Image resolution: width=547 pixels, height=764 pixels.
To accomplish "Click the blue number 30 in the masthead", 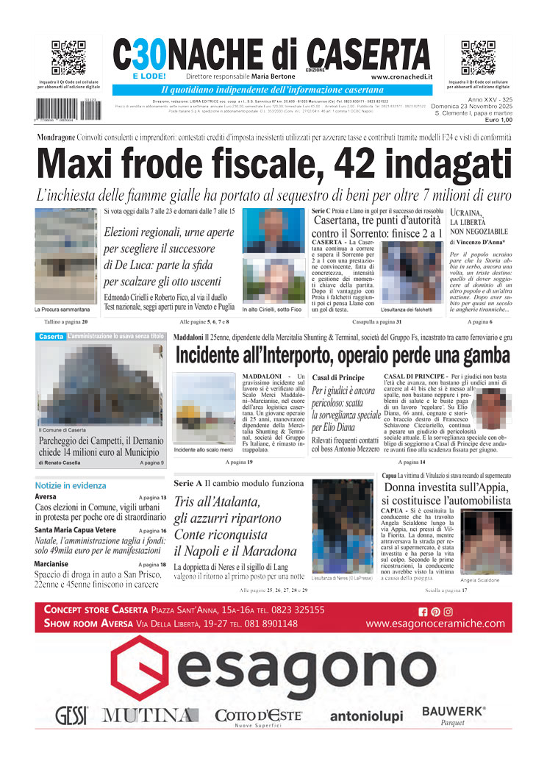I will tap(144, 54).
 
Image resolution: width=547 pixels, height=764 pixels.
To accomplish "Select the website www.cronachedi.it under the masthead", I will tap(401, 76).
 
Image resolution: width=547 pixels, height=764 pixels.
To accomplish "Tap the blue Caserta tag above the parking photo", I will tap(51, 337).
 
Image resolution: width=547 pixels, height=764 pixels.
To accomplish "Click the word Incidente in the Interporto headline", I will tap(221, 356).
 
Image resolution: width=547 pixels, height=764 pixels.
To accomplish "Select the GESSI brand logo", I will tap(71, 714).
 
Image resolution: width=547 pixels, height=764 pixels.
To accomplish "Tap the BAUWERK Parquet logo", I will tap(454, 714).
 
